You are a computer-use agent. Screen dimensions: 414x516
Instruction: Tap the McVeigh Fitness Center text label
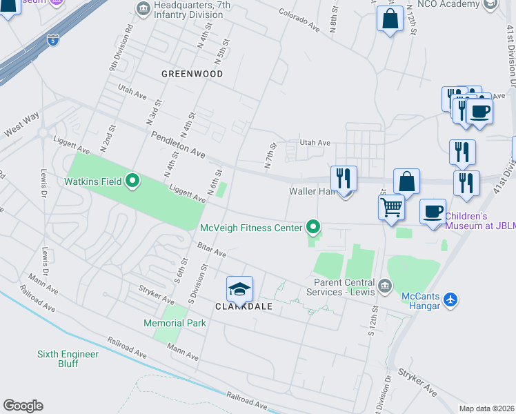tap(251, 228)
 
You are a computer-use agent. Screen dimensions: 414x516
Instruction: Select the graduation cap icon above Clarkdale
tap(239, 288)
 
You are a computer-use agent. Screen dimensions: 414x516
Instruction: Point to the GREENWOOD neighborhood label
tap(192, 74)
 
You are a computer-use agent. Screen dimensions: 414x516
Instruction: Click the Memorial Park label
tap(175, 323)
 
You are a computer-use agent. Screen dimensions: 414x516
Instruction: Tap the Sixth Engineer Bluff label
tap(68, 359)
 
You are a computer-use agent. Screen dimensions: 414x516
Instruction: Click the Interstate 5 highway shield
tap(53, 41)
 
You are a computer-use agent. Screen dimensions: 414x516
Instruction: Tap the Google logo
tap(23, 406)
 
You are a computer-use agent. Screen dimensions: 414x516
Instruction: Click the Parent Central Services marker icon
tap(385, 285)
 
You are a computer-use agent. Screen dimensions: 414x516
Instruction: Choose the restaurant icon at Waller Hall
tap(343, 178)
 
